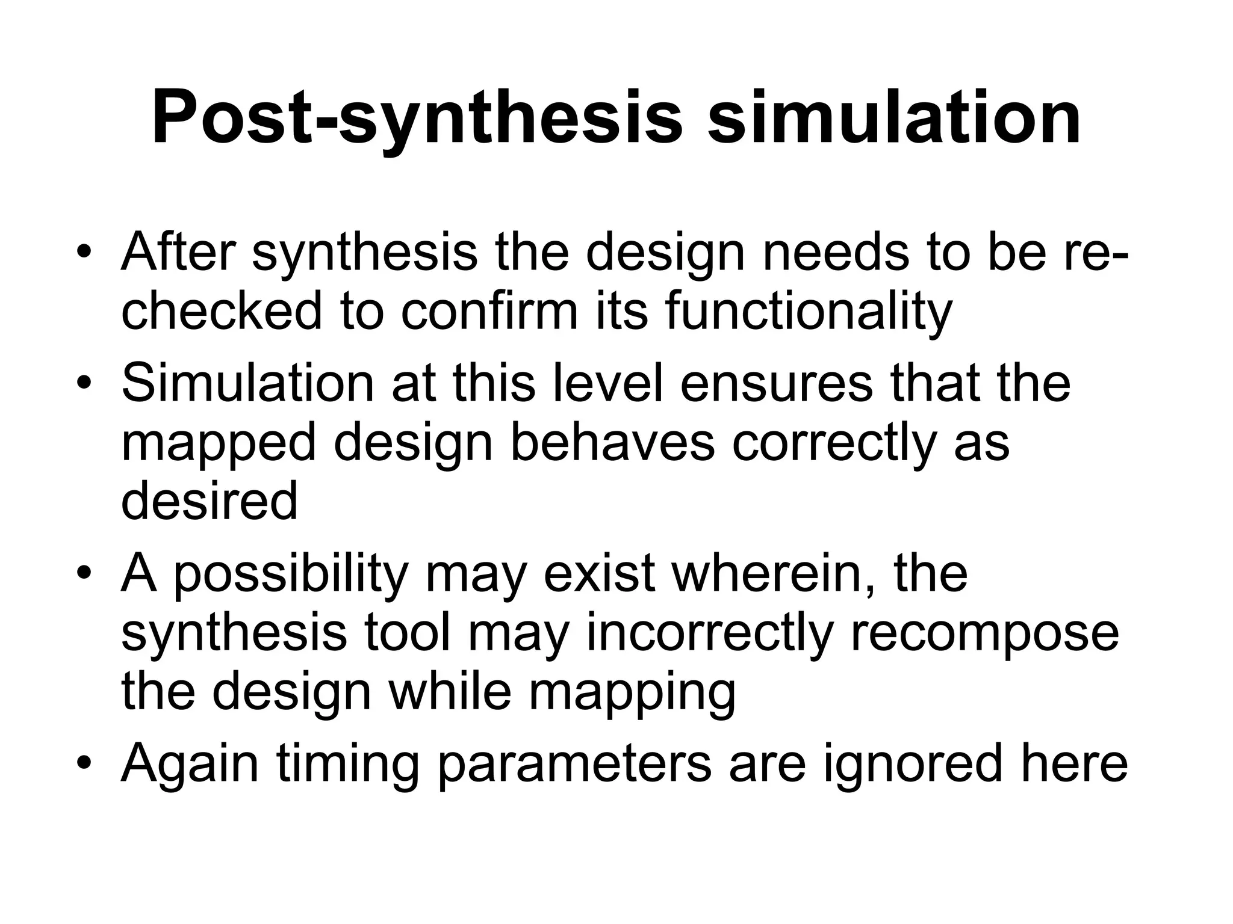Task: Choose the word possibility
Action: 291,574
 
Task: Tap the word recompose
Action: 984,633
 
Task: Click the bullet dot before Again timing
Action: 85,762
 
